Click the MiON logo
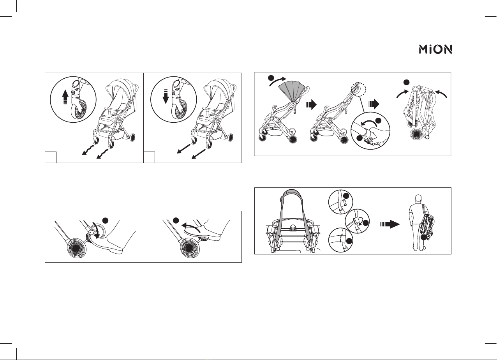[435, 49]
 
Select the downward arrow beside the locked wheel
[166, 97]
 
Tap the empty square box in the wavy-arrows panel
[51, 157]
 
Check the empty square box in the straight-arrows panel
[149, 157]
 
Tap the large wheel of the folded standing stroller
[418, 135]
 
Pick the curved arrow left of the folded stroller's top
[402, 94]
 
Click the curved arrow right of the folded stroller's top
[441, 94]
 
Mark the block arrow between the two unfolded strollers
[311, 104]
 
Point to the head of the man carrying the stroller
[418, 198]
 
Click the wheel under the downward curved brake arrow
[77, 248]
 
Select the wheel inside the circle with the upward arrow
[79, 109]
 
